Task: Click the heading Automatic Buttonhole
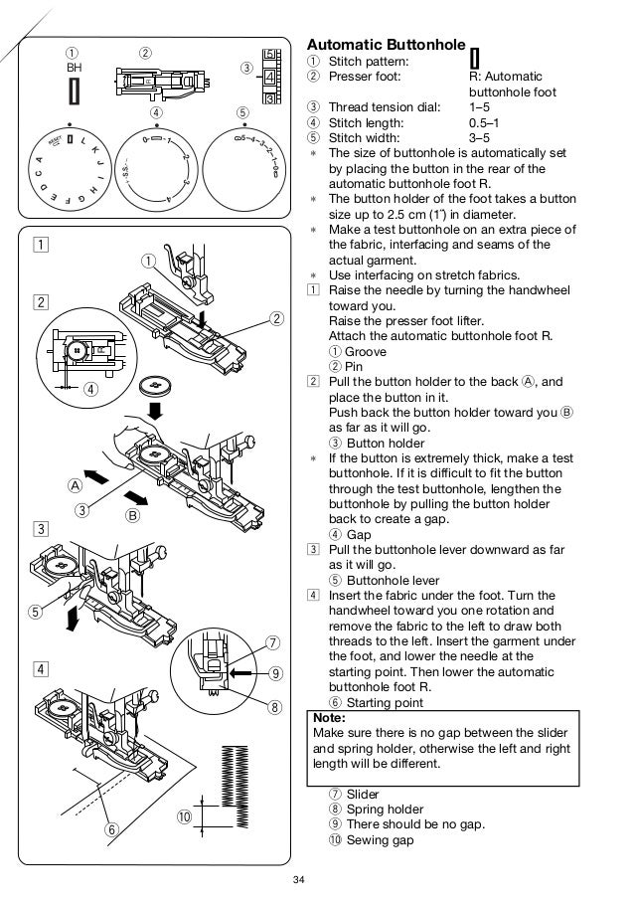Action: [386, 45]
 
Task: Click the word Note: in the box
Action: [329, 717]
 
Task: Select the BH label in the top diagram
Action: [73, 67]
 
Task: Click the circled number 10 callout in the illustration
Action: [185, 816]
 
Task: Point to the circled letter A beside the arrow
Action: [75, 486]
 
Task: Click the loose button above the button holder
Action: [154, 385]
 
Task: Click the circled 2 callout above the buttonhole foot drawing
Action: [146, 52]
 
